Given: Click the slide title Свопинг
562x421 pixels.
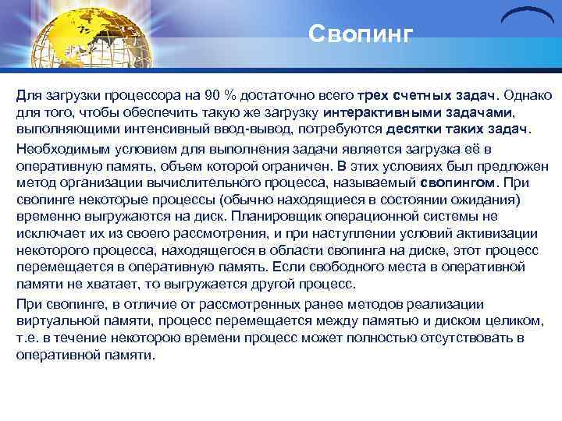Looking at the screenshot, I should tap(358, 34).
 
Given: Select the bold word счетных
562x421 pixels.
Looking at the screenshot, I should tap(424, 95).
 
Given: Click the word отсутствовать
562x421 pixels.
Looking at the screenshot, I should tap(424, 337).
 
